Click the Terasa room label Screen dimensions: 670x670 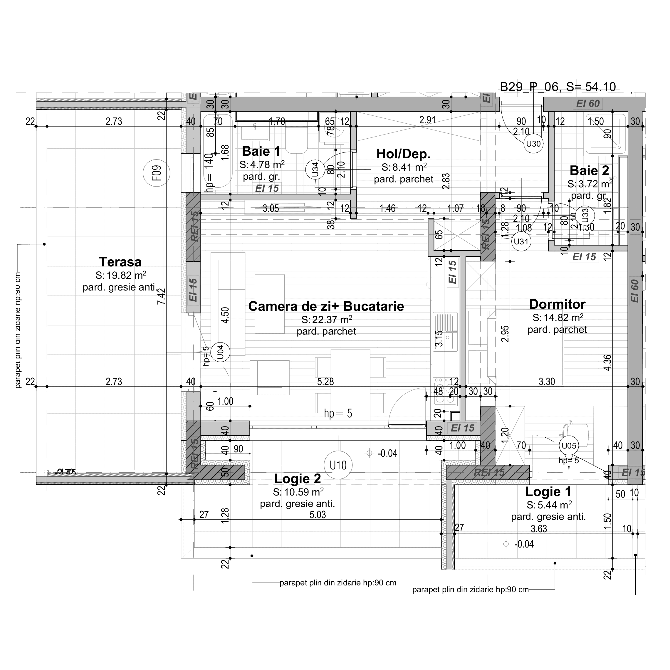120,262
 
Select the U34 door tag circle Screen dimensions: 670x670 315,170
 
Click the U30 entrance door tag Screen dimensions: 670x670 533,144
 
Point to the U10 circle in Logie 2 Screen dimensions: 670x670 338,465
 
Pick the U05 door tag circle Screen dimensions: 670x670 569,446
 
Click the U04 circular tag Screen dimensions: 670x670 220,352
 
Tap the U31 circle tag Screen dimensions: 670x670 521,241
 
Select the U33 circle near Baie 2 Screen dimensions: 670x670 585,215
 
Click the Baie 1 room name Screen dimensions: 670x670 261,151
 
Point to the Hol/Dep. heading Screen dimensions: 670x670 403,154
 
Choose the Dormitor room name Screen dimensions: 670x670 557,304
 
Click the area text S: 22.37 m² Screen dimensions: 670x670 326,319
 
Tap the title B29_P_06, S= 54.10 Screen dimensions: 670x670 558,87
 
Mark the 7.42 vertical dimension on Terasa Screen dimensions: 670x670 162,296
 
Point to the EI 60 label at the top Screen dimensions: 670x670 588,104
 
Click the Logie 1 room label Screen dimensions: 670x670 548,492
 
